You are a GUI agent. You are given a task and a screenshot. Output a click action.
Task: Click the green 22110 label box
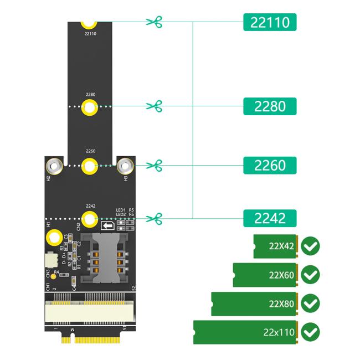pos(270,22)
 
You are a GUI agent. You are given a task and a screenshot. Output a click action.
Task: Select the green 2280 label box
pos(270,106)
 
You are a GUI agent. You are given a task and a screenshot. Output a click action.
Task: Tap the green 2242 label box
pos(270,218)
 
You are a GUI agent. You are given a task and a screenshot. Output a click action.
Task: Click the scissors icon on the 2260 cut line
pos(154,165)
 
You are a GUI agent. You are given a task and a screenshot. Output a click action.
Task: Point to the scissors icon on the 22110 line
pos(154,22)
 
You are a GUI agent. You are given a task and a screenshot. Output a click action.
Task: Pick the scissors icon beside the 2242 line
pos(154,218)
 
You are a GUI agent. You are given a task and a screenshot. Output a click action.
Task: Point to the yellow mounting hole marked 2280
pos(90,107)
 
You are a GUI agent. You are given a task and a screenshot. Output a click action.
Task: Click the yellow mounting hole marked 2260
pos(90,165)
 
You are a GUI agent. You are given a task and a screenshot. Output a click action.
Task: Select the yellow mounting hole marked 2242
pos(90,218)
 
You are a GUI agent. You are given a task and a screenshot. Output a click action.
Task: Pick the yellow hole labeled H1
pos(54,239)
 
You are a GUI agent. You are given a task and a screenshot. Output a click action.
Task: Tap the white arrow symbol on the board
pos(108,226)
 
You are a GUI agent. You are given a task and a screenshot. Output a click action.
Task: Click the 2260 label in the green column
pos(270,166)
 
